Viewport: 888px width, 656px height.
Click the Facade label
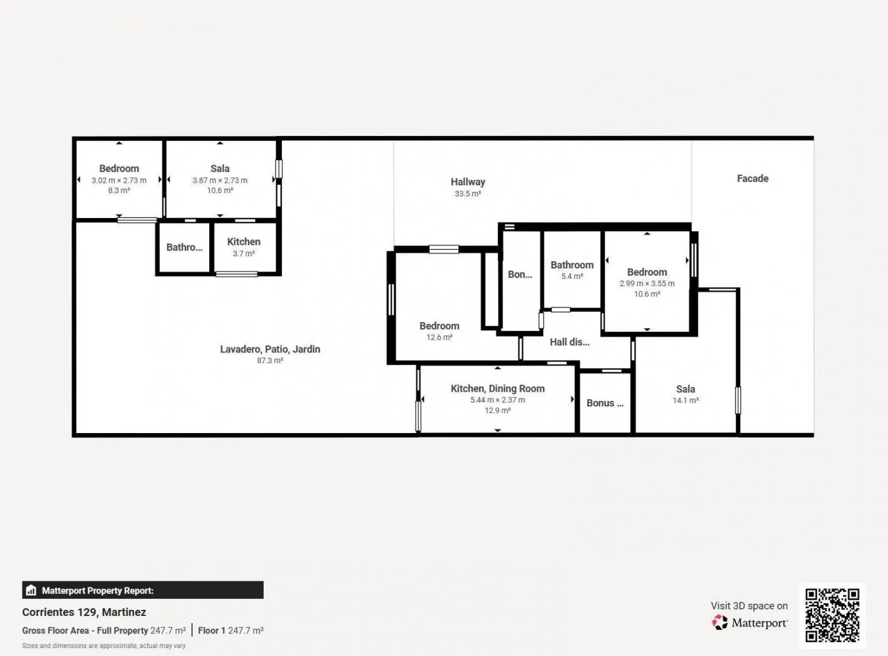[752, 179]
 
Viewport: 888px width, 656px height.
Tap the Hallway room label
[467, 182]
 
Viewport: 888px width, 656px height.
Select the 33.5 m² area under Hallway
[467, 194]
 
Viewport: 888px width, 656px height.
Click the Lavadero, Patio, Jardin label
[270, 349]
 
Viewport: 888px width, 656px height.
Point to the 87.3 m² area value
[270, 361]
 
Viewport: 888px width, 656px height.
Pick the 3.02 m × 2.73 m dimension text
[119, 180]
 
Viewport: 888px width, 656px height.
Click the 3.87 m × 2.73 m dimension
[220, 180]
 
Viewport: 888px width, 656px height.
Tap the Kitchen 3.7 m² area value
[243, 253]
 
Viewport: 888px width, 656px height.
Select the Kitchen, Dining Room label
[498, 389]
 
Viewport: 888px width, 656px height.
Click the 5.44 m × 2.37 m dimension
[498, 400]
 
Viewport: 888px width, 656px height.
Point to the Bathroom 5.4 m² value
[572, 276]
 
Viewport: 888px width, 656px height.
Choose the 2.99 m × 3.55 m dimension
[647, 284]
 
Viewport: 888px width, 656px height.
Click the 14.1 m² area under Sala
[686, 400]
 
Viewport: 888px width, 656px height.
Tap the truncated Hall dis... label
[570, 342]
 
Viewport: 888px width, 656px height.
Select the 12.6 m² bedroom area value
[439, 337]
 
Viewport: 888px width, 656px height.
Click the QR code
[832, 615]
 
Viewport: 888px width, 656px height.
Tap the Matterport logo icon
[720, 623]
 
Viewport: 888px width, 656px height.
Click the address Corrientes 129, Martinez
[84, 612]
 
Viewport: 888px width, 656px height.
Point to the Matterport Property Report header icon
[31, 590]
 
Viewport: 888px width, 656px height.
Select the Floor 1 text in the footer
[212, 630]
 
